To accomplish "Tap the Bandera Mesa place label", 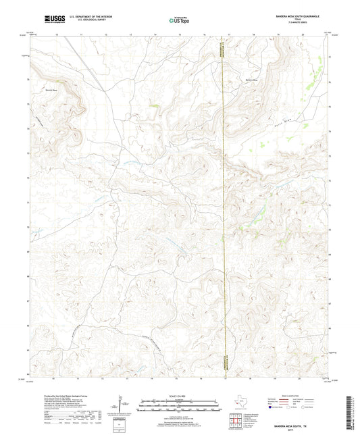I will pyautogui.click(x=251, y=79).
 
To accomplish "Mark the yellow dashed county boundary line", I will pyautogui.click(x=223, y=203).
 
